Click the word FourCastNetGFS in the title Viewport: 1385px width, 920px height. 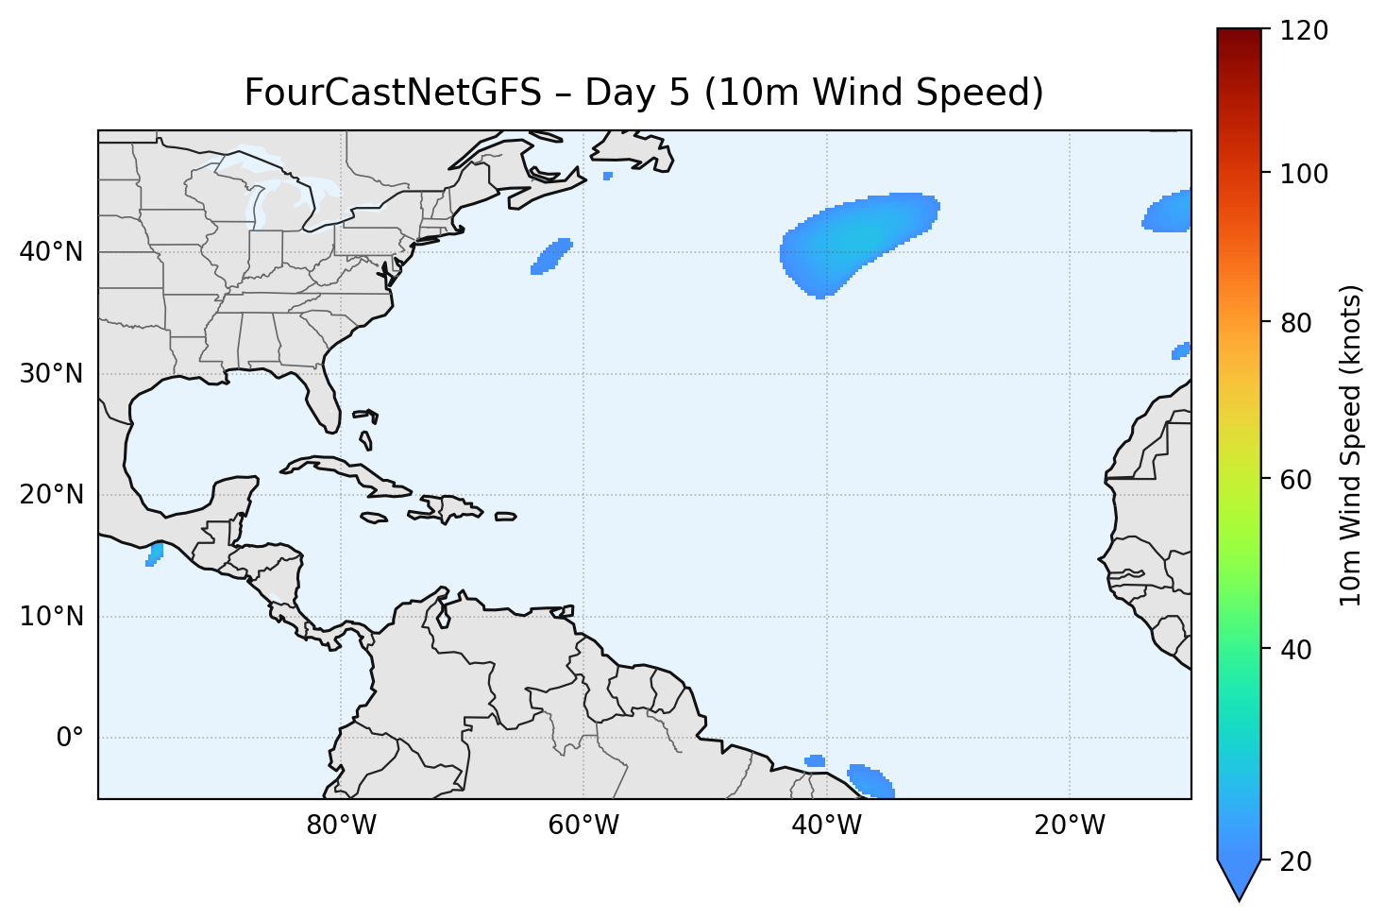[393, 93]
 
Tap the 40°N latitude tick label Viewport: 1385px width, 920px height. [51, 252]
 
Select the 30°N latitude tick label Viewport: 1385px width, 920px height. [51, 374]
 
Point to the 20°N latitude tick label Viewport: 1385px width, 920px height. [51, 495]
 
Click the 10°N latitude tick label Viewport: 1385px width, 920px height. [51, 617]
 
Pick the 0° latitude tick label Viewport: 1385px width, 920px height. [70, 738]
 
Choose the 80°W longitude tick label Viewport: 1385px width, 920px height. [341, 826]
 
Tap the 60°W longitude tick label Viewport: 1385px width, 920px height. [583, 826]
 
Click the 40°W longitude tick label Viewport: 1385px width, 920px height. [826, 826]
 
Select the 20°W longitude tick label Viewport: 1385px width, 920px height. [1069, 826]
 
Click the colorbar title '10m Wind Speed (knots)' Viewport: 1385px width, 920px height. [1351, 445]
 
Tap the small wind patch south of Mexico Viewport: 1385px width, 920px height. [155, 554]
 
